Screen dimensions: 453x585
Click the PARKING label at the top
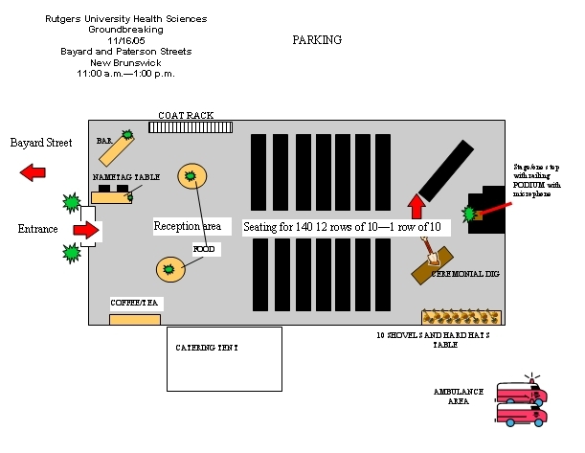[316, 40]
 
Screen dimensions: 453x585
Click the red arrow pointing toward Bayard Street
[34, 172]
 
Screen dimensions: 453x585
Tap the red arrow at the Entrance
[86, 230]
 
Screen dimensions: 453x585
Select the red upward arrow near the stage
[416, 205]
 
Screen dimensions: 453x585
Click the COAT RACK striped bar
[191, 126]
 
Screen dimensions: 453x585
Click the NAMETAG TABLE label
[125, 178]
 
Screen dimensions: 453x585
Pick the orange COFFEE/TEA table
[134, 318]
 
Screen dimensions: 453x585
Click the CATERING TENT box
[224, 358]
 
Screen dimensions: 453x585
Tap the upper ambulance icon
[521, 394]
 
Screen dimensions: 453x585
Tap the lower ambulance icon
[521, 414]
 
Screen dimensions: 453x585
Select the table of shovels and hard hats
[461, 317]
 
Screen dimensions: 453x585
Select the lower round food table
[170, 270]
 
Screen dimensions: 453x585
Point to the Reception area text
[188, 227]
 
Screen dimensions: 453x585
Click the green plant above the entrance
[71, 202]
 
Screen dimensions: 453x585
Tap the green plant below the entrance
[71, 253]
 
